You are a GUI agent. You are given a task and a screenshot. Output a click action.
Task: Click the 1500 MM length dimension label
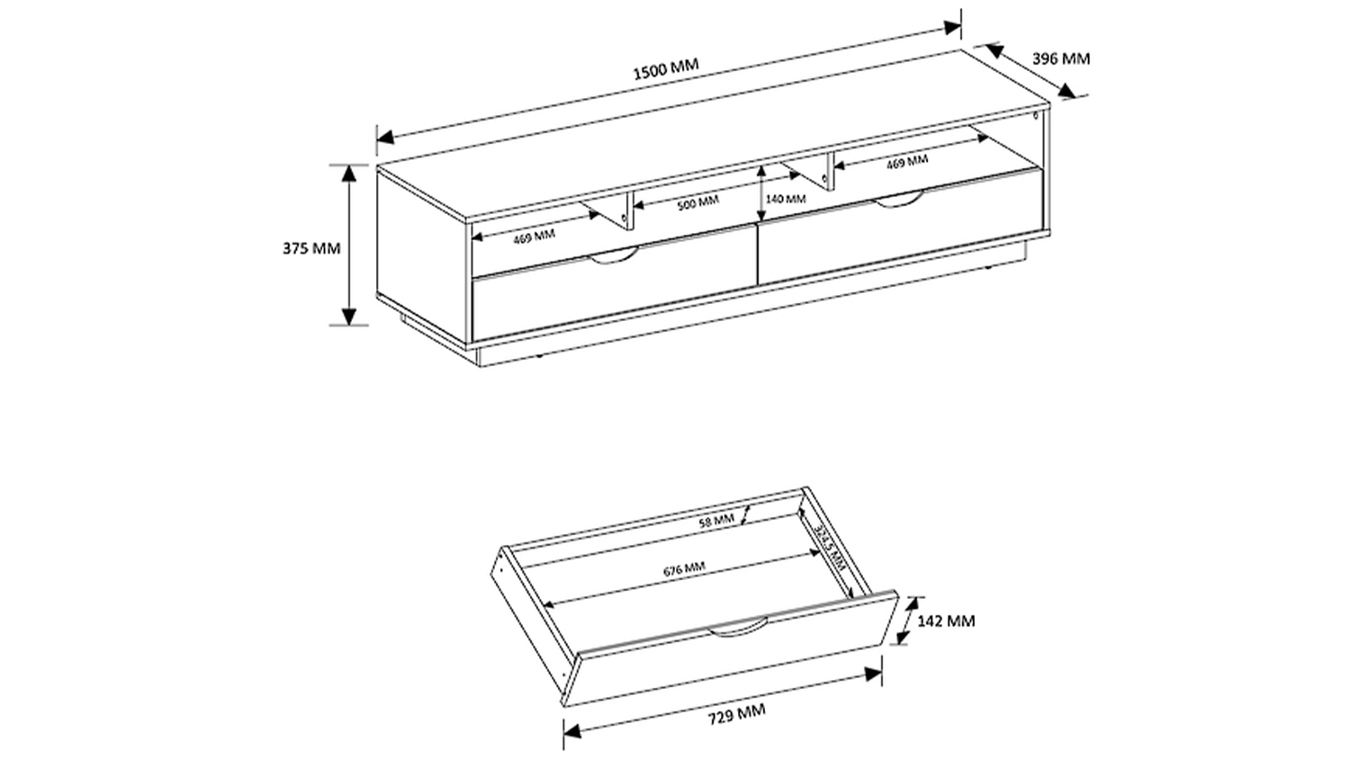point(666,69)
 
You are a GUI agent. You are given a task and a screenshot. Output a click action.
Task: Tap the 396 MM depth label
point(1061,59)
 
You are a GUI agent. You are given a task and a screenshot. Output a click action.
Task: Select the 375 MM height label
point(311,248)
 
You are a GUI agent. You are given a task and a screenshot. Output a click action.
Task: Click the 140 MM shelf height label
point(786,199)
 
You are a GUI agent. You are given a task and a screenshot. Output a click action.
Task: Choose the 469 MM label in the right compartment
point(907,162)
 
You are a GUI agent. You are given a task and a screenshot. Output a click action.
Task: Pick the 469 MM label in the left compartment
point(534,237)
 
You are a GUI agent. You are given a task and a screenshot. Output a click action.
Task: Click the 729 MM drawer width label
point(736,713)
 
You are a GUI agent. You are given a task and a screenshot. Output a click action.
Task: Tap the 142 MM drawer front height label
point(946,621)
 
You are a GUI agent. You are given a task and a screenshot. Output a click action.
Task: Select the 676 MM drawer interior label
point(684,569)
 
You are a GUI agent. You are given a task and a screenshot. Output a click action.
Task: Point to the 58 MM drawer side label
point(716,521)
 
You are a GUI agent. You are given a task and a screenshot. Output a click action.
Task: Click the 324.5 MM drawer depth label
point(830,548)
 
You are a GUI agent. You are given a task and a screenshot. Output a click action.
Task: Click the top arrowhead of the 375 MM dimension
point(349,173)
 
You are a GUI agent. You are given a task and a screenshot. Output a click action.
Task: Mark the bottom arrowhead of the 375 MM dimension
point(349,317)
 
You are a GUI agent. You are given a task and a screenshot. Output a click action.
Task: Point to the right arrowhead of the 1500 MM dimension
point(953,28)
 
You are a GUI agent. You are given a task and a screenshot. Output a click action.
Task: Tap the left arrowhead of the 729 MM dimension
point(571,731)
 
